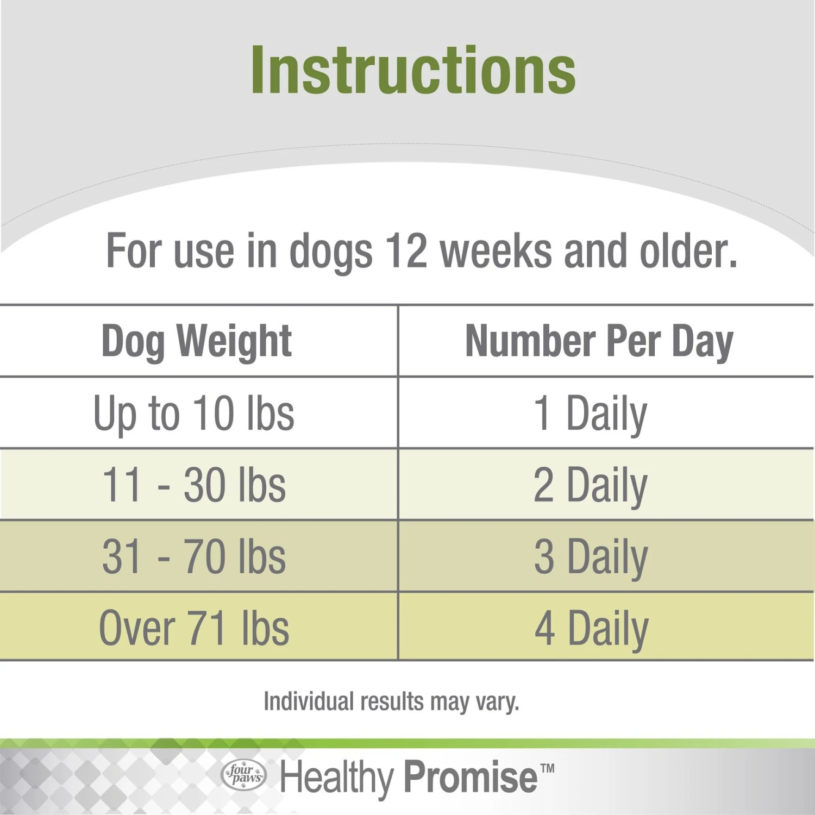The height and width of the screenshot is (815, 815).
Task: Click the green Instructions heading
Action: tap(413, 71)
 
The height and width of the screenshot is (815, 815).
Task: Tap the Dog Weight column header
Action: tap(197, 342)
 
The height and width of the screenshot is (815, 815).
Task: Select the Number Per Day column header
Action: tap(599, 342)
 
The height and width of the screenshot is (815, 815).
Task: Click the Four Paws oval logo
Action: tap(244, 774)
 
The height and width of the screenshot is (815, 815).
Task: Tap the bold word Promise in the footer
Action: tap(471, 777)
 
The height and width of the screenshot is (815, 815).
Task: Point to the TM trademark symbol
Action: tap(548, 768)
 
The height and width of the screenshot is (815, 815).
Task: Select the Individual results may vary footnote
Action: tap(392, 701)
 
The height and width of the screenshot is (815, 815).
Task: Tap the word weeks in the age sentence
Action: tap(496, 251)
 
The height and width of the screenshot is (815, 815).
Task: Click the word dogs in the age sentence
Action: tap(331, 254)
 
